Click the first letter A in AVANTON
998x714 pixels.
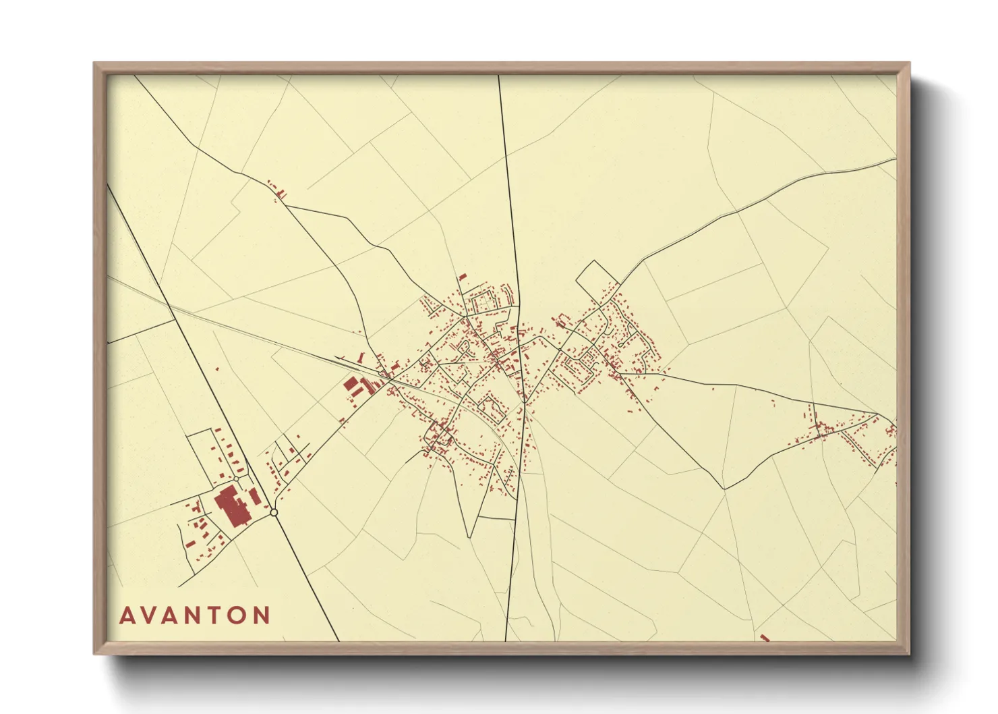click(x=127, y=615)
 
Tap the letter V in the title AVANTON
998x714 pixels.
click(x=149, y=615)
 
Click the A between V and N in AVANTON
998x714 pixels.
click(x=171, y=615)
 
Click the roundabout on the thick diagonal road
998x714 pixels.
click(x=274, y=513)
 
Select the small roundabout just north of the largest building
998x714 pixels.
click(x=237, y=478)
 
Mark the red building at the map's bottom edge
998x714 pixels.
click(x=765, y=637)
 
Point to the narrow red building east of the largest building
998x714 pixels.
click(x=255, y=497)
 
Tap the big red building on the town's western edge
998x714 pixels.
click(x=350, y=385)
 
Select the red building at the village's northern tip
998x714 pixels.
click(x=463, y=277)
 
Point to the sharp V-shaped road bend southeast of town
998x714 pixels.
click(x=724, y=487)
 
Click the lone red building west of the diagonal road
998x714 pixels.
click(x=217, y=368)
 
